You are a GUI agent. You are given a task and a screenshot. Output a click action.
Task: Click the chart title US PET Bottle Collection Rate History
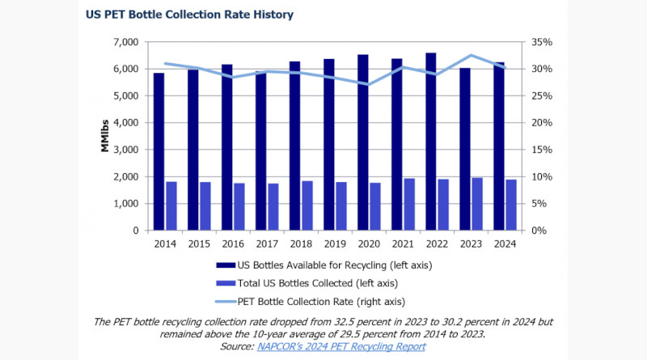[189, 15]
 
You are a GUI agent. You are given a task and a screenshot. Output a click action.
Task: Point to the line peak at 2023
[472, 56]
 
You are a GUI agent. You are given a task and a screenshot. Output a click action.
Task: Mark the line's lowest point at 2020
[370, 84]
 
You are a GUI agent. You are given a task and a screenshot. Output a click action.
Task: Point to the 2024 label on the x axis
[505, 243]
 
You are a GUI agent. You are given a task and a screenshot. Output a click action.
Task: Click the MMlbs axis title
[105, 136]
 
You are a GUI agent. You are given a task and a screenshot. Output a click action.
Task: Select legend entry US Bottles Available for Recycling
[332, 265]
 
